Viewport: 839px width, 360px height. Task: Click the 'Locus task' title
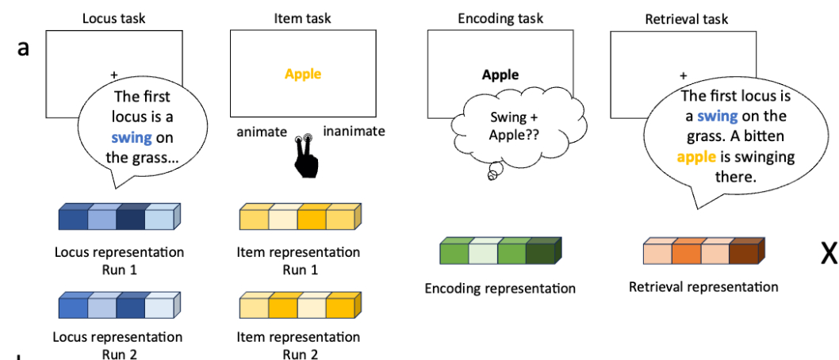[115, 17]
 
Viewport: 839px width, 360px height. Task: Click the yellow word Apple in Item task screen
[303, 74]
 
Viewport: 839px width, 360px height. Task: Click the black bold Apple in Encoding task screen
[500, 75]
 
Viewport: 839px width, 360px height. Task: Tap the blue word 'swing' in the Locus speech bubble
[132, 138]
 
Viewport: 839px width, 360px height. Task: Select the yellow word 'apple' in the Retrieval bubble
[696, 157]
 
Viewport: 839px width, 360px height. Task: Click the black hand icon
[305, 155]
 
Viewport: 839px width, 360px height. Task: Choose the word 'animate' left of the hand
[262, 132]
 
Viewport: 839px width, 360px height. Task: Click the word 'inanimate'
[354, 132]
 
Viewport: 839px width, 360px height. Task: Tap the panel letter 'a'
[24, 48]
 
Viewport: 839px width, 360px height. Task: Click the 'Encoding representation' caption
[500, 288]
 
